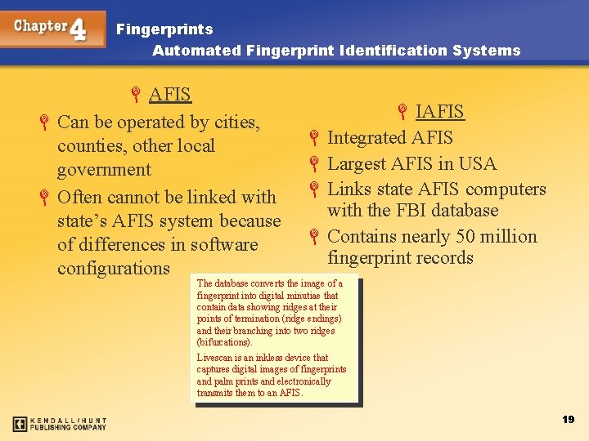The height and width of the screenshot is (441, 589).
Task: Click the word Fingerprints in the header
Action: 164,29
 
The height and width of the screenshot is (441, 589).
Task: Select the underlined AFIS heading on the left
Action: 170,94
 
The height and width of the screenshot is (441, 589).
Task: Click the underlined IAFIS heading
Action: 439,111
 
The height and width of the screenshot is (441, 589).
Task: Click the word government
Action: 104,170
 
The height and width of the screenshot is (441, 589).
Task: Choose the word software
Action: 224,245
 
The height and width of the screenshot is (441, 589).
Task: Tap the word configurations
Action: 114,269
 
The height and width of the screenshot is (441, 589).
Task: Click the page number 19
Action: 568,419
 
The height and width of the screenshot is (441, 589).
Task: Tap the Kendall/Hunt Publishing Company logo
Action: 60,424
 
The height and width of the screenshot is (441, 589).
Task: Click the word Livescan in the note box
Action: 217,358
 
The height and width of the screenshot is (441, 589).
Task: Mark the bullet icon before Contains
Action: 314,238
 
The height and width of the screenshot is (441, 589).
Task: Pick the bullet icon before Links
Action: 314,190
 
